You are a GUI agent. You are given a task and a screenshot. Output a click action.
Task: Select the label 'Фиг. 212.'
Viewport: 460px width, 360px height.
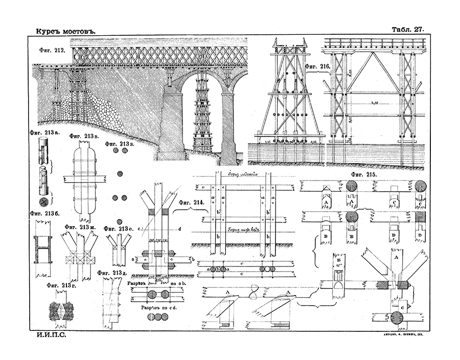point(52,50)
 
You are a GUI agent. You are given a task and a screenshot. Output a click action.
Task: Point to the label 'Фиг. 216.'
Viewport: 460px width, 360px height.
point(318,67)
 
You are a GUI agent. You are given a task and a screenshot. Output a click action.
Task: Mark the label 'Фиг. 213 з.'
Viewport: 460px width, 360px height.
point(120,144)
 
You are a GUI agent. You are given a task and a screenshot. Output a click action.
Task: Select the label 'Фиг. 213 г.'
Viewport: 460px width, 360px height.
point(62,285)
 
